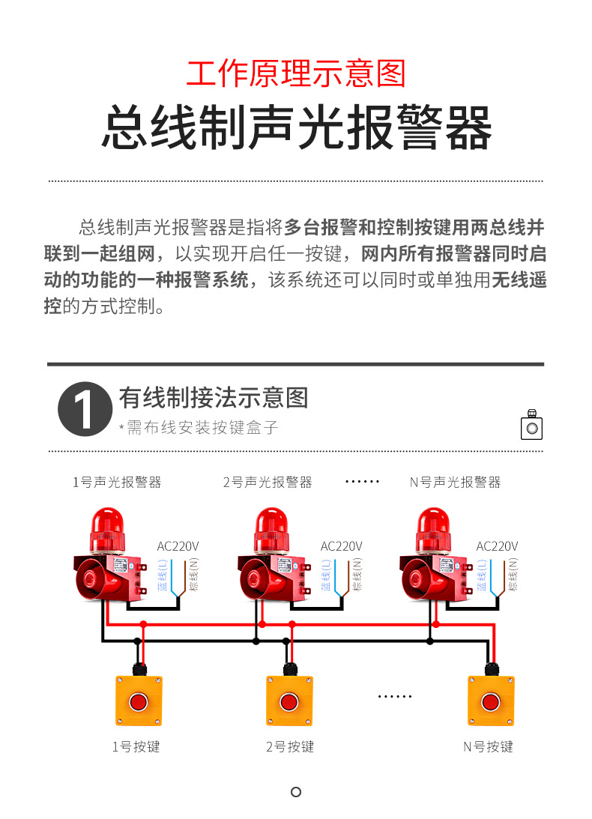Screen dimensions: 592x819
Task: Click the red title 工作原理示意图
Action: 296,73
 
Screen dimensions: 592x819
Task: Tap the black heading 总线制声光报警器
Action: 296,128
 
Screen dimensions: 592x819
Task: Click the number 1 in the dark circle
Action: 85,409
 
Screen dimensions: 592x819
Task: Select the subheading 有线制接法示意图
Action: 213,398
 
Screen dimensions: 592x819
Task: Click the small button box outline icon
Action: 532,425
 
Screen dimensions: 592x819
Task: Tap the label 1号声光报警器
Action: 117,482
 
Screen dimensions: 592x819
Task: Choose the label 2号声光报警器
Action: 268,482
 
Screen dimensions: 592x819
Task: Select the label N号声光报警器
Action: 455,482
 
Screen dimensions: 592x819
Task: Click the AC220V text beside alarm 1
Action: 178,546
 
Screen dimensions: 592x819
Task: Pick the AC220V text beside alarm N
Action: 497,546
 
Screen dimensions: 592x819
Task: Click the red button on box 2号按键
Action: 289,702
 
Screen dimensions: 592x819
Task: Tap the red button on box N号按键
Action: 491,702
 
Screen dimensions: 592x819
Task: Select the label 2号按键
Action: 290,747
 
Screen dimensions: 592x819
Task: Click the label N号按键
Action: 489,747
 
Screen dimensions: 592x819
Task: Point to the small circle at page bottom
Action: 296,792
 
